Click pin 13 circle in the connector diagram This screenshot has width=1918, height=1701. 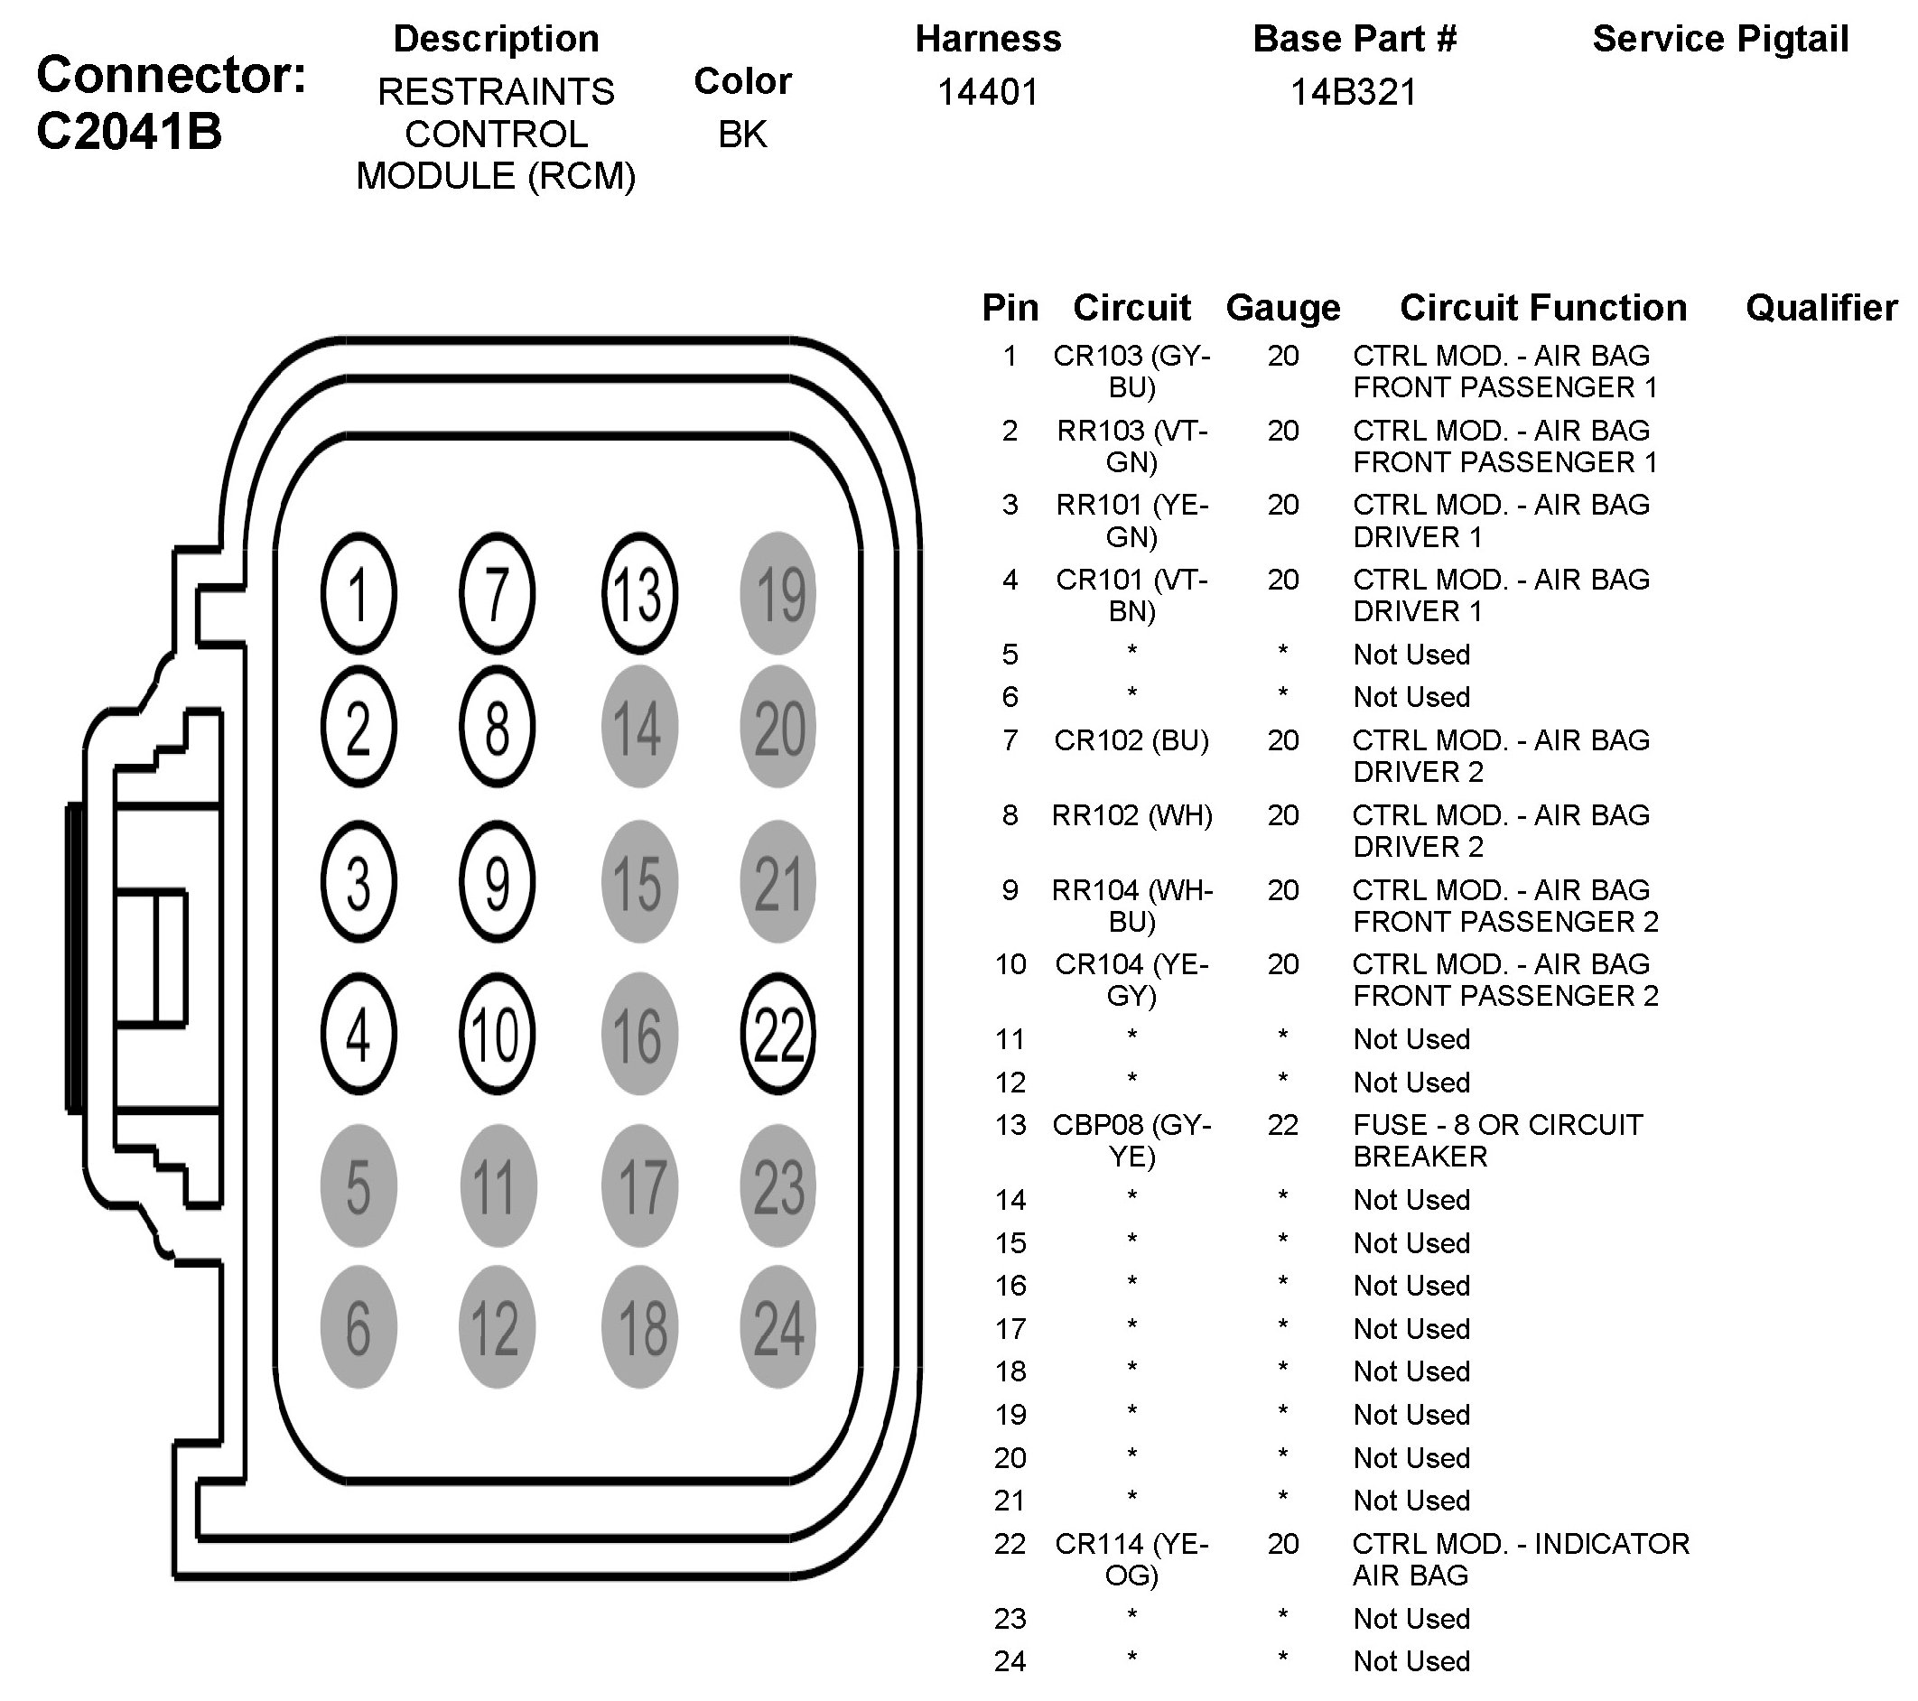pos(639,593)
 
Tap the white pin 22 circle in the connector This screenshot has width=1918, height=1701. pos(777,1034)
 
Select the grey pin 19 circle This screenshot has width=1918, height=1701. pos(777,593)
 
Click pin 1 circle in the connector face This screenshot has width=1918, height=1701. pos(358,593)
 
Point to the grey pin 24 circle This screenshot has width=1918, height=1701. pos(777,1326)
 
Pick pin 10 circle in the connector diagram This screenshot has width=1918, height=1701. pos(497,1034)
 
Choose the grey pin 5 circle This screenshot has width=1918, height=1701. pos(358,1186)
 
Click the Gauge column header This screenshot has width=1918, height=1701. pos(1283,308)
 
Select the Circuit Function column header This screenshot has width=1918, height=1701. pos(1542,308)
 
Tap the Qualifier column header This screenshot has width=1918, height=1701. pos(1821,308)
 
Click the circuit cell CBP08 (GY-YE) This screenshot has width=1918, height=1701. pos(1131,1140)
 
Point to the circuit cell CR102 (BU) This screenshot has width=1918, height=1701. pos(1131,740)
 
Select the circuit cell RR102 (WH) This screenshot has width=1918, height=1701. pos(1131,815)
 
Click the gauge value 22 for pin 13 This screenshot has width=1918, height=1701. pos(1283,1125)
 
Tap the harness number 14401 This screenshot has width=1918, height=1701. pos(988,92)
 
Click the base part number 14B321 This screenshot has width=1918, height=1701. pos(1353,92)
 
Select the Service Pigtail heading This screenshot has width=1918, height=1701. pos(1720,40)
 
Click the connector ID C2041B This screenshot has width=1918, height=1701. pos(129,131)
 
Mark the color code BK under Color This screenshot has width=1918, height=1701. pos(742,135)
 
